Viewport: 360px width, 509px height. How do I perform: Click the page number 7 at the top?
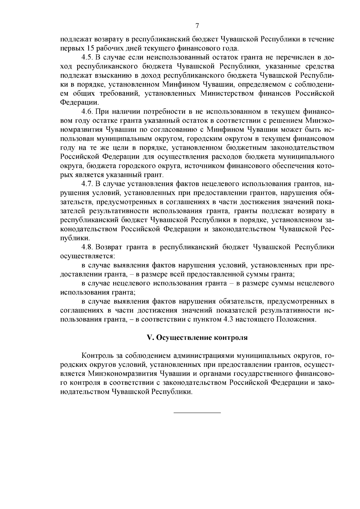197,26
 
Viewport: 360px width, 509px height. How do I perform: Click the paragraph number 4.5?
87,57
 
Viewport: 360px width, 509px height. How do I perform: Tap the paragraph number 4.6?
87,112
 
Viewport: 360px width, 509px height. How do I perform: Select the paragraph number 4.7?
87,184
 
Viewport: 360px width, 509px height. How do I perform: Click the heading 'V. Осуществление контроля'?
197,337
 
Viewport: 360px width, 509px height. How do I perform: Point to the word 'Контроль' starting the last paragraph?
97,356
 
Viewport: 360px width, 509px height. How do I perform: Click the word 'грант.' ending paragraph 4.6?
154,175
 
